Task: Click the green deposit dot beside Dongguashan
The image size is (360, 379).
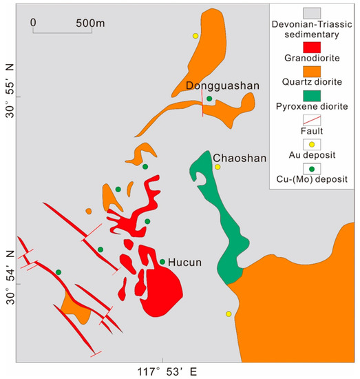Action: pyautogui.click(x=209, y=99)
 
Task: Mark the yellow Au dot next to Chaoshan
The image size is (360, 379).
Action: pyautogui.click(x=218, y=167)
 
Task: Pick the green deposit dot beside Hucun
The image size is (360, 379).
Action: pyautogui.click(x=162, y=262)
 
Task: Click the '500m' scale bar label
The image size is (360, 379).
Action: pyautogui.click(x=89, y=22)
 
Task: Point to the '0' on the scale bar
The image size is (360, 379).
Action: pyautogui.click(x=34, y=22)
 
